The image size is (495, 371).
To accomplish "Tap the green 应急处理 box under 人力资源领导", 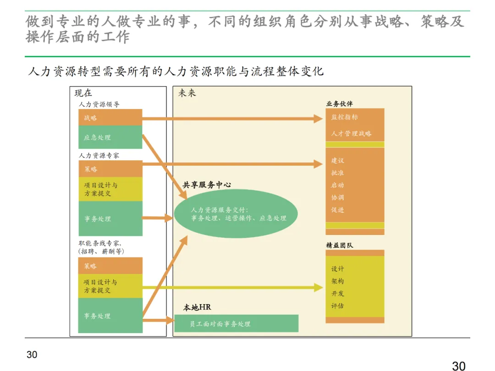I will coord(110,137).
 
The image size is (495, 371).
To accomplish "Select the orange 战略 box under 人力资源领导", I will coord(110,118).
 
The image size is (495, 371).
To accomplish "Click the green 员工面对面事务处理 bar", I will coord(236,324).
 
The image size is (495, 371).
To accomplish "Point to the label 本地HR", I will coord(197,307).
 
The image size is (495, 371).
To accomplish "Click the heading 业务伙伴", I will coord(339,104).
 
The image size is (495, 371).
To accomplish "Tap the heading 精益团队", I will coord(339,245).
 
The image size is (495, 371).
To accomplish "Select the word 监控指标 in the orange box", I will coord(344,117).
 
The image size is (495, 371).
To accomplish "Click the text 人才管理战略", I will coord(351,134).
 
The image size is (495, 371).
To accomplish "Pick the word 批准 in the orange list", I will coord(337,173).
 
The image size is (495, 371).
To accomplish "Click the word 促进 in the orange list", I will coord(337,210).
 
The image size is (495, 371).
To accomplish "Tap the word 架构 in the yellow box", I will coord(337,281).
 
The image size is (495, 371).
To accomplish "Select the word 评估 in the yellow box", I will coord(337,306).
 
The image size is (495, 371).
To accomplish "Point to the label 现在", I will coord(83,93).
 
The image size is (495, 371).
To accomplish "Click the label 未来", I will coord(187,93).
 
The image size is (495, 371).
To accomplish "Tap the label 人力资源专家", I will coord(99,156).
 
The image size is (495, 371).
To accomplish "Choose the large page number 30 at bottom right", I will coord(459,366).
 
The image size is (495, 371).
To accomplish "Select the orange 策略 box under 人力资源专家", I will coord(110,169).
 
